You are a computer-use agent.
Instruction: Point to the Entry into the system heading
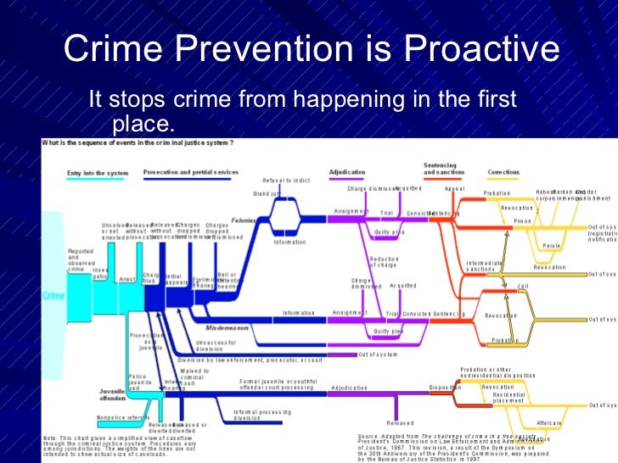[x=98, y=172]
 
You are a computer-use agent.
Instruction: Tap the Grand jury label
[x=268, y=194]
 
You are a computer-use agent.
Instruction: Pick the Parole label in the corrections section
[x=552, y=248]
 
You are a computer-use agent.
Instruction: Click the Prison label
[x=523, y=220]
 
